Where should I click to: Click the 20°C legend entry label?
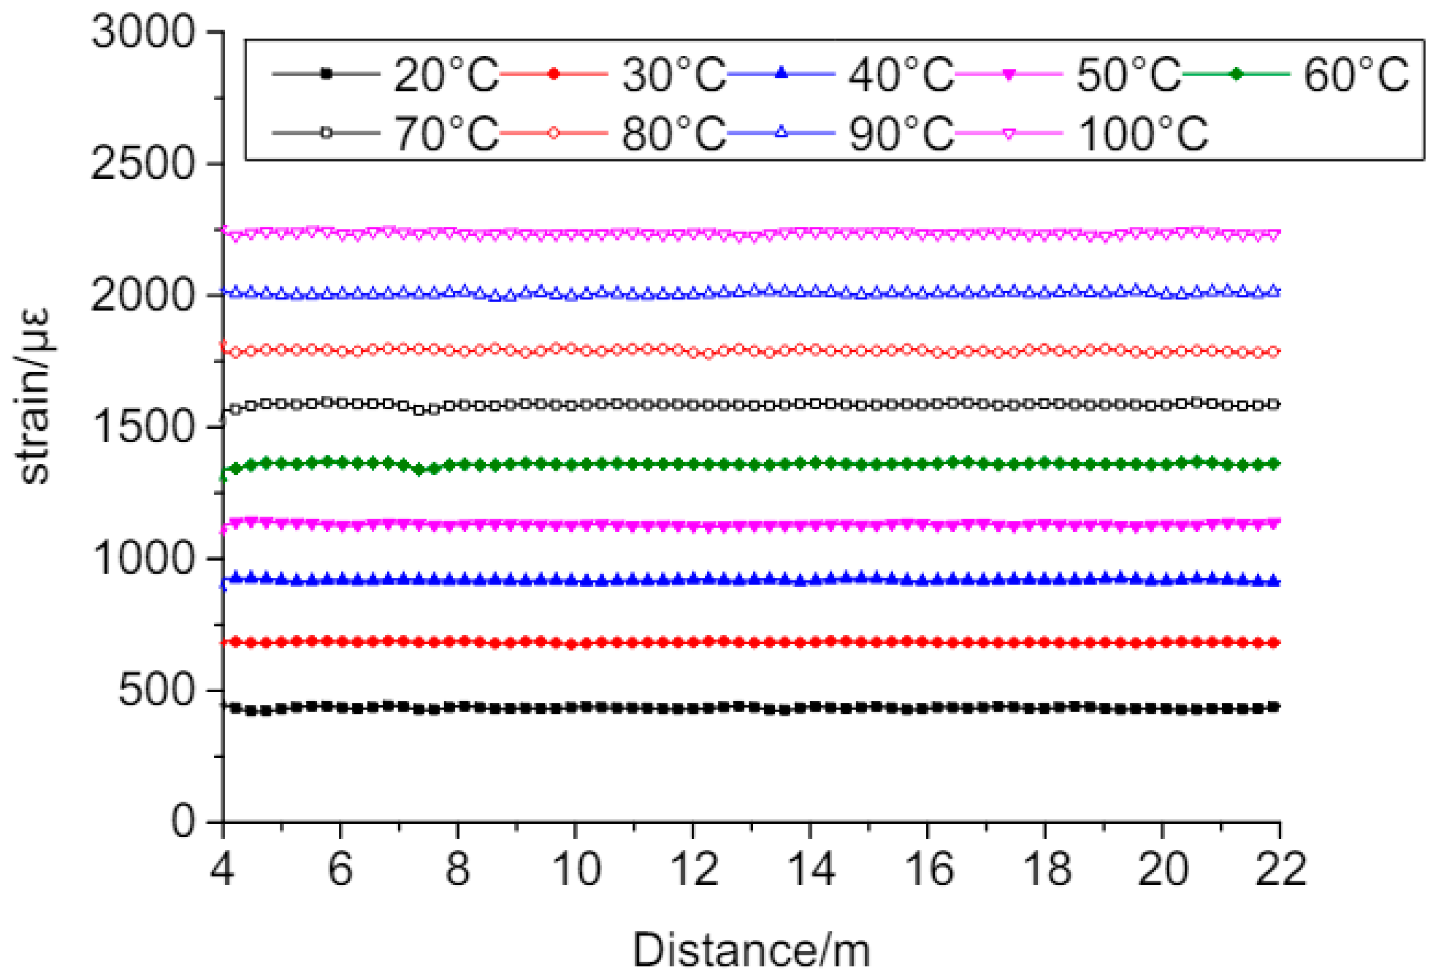[446, 75]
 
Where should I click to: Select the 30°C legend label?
[673, 75]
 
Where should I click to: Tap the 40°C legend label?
[901, 75]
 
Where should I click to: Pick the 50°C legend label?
[1129, 75]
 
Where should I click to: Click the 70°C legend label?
[446, 133]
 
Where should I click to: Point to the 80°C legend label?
[673, 133]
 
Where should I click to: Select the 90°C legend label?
[901, 133]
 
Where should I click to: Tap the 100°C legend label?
[1143, 133]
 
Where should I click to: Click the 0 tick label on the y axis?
[183, 822]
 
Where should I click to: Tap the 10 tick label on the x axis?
[576, 869]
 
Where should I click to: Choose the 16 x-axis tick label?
[929, 869]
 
